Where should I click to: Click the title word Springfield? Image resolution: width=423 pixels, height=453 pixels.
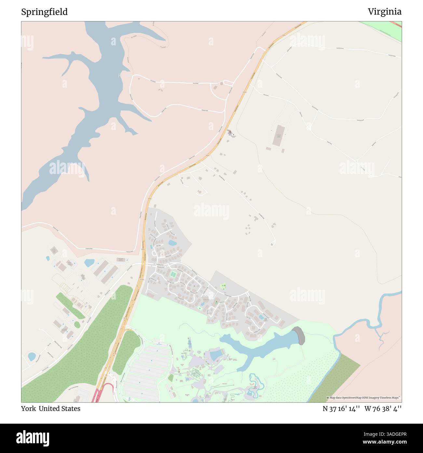point(45,12)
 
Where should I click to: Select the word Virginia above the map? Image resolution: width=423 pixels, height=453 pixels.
point(385,12)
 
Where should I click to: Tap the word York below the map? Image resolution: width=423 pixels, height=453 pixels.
point(28,408)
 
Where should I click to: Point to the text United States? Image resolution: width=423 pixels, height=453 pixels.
point(60,408)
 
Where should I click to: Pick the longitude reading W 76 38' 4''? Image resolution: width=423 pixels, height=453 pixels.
point(383,408)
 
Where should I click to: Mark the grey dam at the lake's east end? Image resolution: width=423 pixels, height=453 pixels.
point(299,335)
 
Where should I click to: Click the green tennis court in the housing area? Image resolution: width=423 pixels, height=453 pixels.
point(172,274)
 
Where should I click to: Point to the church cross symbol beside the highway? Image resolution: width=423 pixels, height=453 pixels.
point(233,134)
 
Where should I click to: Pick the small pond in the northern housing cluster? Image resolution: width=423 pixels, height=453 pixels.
point(172,243)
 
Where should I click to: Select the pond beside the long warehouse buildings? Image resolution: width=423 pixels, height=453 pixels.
point(89,262)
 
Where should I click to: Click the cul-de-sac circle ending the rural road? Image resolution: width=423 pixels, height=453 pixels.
point(272,244)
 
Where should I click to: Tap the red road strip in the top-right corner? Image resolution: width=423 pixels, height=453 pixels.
point(397,25)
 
